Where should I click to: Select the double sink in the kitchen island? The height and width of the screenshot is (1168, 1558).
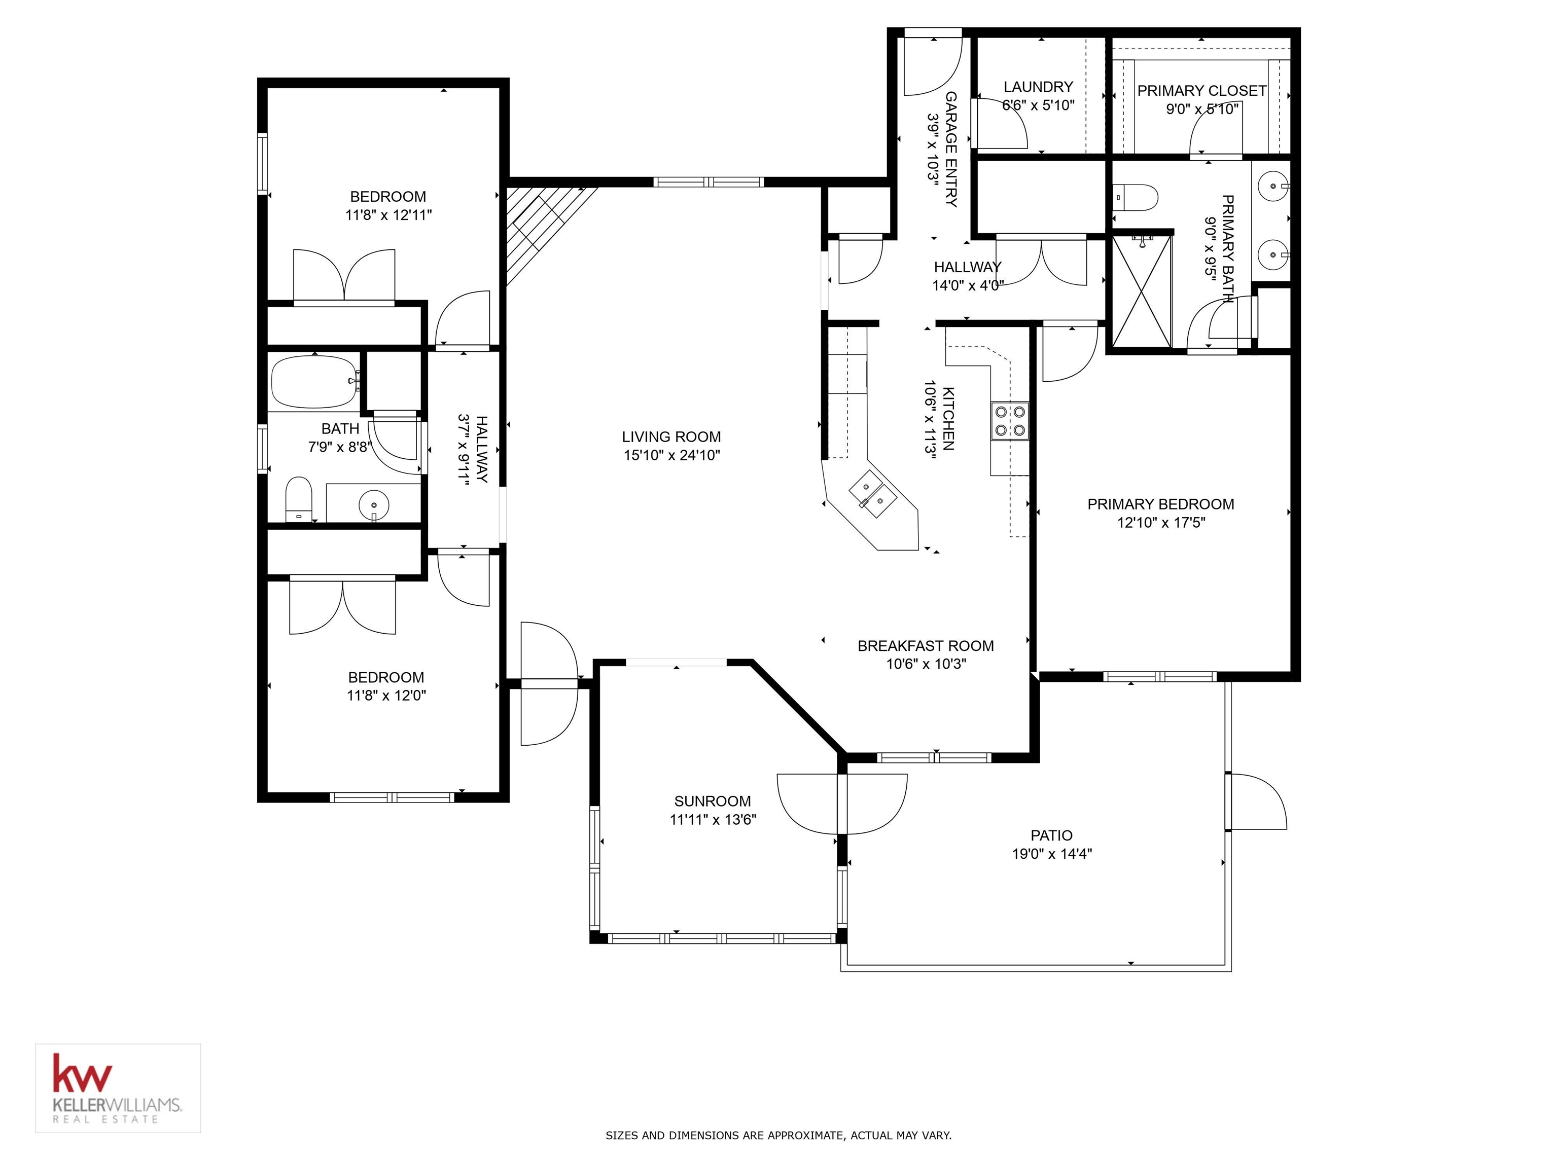tap(872, 495)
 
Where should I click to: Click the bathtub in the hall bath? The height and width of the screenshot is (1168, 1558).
tap(314, 382)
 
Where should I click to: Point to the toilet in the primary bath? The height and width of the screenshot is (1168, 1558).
tap(1136, 198)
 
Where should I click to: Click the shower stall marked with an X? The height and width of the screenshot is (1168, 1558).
tap(1142, 292)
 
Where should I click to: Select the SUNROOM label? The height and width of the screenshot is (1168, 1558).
tap(712, 800)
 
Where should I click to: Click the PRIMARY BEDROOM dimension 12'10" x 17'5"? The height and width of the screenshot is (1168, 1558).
tap(1161, 522)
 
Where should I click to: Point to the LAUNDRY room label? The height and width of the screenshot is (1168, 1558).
tap(1038, 87)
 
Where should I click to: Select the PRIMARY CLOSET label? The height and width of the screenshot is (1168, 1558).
tap(1201, 91)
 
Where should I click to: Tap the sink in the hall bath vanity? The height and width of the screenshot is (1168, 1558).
tap(373, 504)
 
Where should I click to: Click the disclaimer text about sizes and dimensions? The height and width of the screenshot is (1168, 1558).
tap(778, 1135)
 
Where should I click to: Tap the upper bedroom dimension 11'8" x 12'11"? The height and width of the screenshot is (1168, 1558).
tap(388, 215)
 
